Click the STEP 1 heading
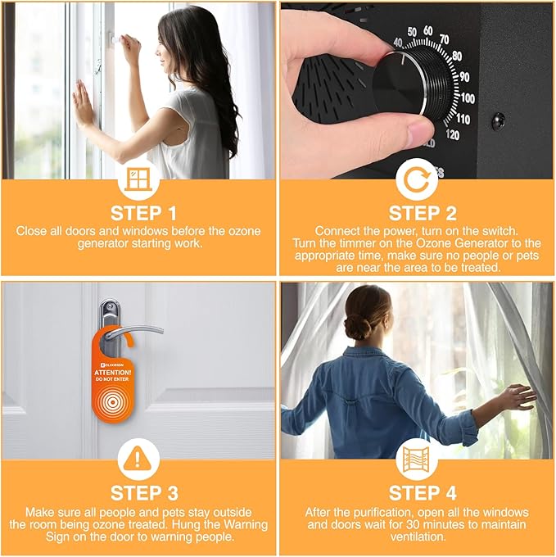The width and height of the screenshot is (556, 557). (x=143, y=214)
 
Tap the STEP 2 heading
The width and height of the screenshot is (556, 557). (x=423, y=214)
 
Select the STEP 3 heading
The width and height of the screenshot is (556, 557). (x=144, y=493)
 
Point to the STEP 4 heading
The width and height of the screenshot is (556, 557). (x=423, y=493)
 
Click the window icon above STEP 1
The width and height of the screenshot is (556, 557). (x=138, y=179)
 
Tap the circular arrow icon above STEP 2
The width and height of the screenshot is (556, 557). (x=417, y=179)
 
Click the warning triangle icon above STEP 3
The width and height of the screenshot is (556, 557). (x=138, y=459)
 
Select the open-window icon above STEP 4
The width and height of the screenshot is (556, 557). (x=417, y=459)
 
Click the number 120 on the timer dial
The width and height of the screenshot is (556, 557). (x=452, y=134)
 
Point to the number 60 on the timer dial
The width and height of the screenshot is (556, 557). (x=427, y=31)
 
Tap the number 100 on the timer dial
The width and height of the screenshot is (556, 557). (x=468, y=98)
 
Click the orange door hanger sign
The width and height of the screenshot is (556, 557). (x=111, y=377)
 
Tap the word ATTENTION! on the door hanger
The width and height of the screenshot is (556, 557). (x=112, y=373)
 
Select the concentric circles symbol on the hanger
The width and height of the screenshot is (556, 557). (x=112, y=402)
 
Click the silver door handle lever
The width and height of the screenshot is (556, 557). (x=134, y=333)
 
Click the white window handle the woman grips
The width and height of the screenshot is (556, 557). (x=115, y=37)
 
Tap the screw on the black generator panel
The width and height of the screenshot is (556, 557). (x=499, y=120)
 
